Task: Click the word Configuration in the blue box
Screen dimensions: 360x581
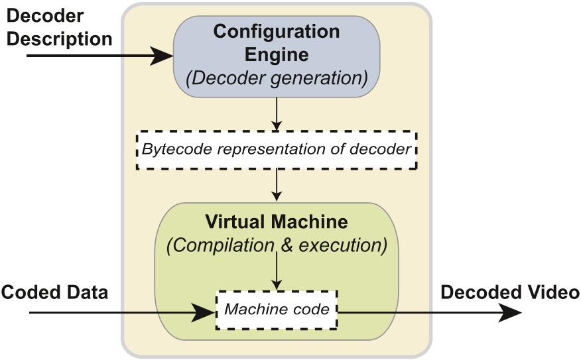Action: point(277,31)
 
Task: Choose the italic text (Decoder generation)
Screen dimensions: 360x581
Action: point(277,78)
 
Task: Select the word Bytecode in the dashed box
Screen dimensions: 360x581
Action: point(170,149)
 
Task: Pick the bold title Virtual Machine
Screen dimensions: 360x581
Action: point(277,221)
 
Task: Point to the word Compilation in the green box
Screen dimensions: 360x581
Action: point(220,245)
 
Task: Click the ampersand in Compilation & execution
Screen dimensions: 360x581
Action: point(287,245)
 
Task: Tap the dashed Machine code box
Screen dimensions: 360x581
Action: point(277,310)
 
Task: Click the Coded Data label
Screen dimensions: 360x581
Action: point(54,292)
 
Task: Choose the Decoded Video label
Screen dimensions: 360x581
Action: point(510,292)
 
